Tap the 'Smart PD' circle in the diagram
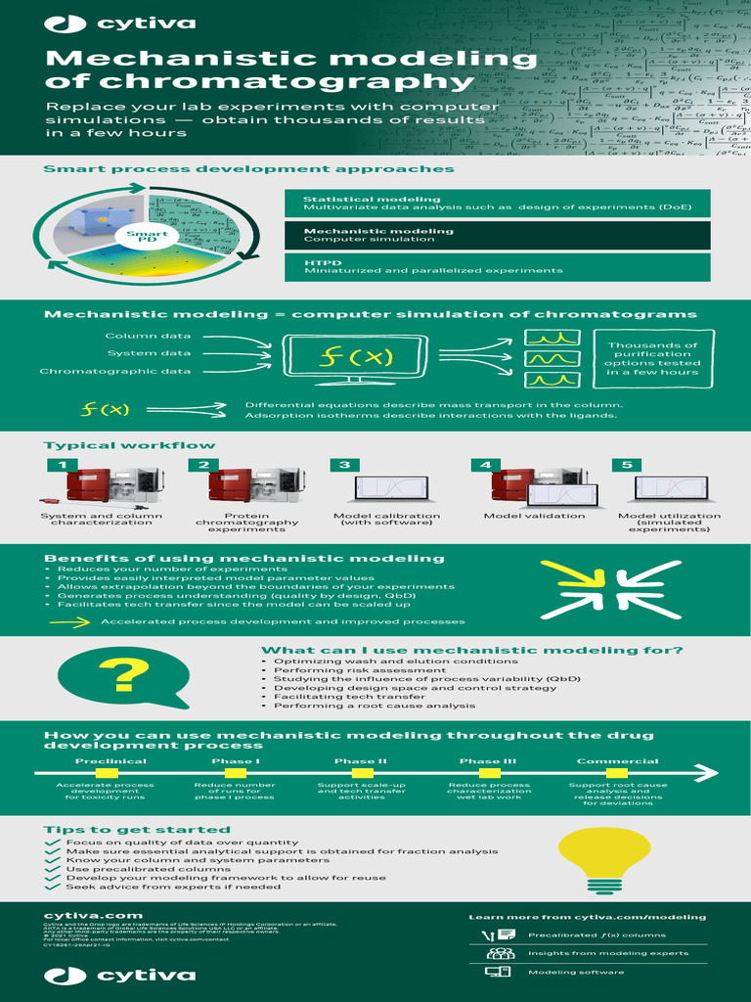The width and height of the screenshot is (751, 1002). click(x=146, y=237)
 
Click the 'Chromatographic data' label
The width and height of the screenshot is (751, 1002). click(x=115, y=372)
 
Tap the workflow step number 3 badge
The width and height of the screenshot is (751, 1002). click(x=344, y=465)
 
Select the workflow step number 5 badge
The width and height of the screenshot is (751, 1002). click(x=627, y=465)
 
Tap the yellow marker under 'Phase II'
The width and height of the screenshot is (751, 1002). click(x=361, y=774)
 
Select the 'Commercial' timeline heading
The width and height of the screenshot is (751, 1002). click(x=617, y=761)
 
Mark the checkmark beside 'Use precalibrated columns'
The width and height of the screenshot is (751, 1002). click(x=53, y=869)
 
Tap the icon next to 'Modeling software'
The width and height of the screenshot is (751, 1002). click(x=498, y=972)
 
